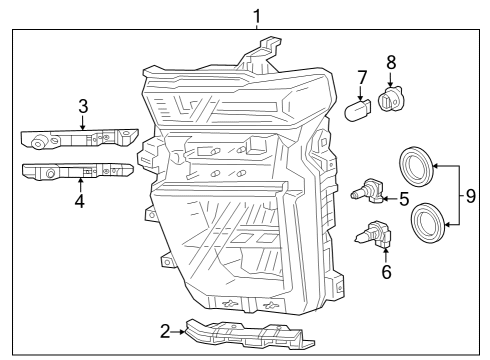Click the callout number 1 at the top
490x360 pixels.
[257, 16]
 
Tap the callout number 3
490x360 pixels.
[83, 105]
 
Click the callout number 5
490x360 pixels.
[404, 198]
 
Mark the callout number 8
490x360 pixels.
[391, 64]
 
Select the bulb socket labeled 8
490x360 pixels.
[389, 97]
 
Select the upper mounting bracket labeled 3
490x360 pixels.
[76, 139]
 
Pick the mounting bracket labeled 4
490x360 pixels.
[74, 172]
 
